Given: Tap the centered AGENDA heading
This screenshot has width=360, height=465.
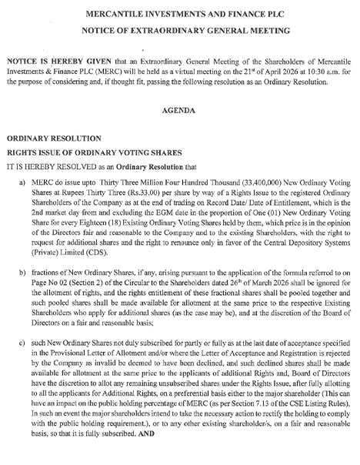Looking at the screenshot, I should (181, 110).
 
